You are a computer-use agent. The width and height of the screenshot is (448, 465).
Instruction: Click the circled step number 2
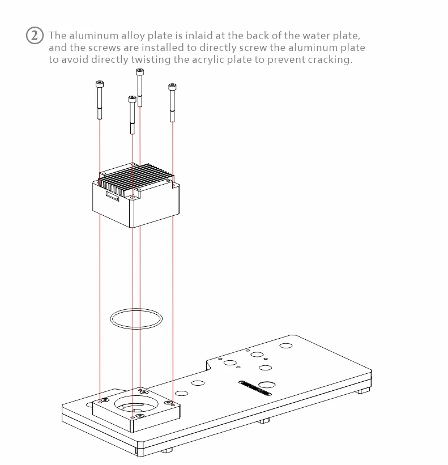(35, 36)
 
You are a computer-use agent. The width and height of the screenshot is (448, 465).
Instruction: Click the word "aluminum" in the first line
(93, 36)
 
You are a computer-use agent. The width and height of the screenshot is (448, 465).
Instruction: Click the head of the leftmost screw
(100, 84)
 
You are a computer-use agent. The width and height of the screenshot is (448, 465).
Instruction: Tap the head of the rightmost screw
(172, 87)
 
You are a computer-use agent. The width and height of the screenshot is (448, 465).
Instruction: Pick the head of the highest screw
(140, 72)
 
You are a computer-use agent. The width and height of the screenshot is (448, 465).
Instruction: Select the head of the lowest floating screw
(132, 99)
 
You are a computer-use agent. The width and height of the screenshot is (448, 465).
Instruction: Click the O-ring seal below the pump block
(136, 309)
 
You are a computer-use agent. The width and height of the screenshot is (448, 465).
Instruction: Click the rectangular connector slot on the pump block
(112, 196)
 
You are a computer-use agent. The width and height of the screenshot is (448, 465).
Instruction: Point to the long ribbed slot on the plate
(255, 388)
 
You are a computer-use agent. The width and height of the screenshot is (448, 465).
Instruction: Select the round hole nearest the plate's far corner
(286, 345)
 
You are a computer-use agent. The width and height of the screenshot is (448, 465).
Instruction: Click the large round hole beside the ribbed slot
(267, 385)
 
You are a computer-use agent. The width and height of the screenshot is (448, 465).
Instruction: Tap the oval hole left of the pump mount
(89, 404)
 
